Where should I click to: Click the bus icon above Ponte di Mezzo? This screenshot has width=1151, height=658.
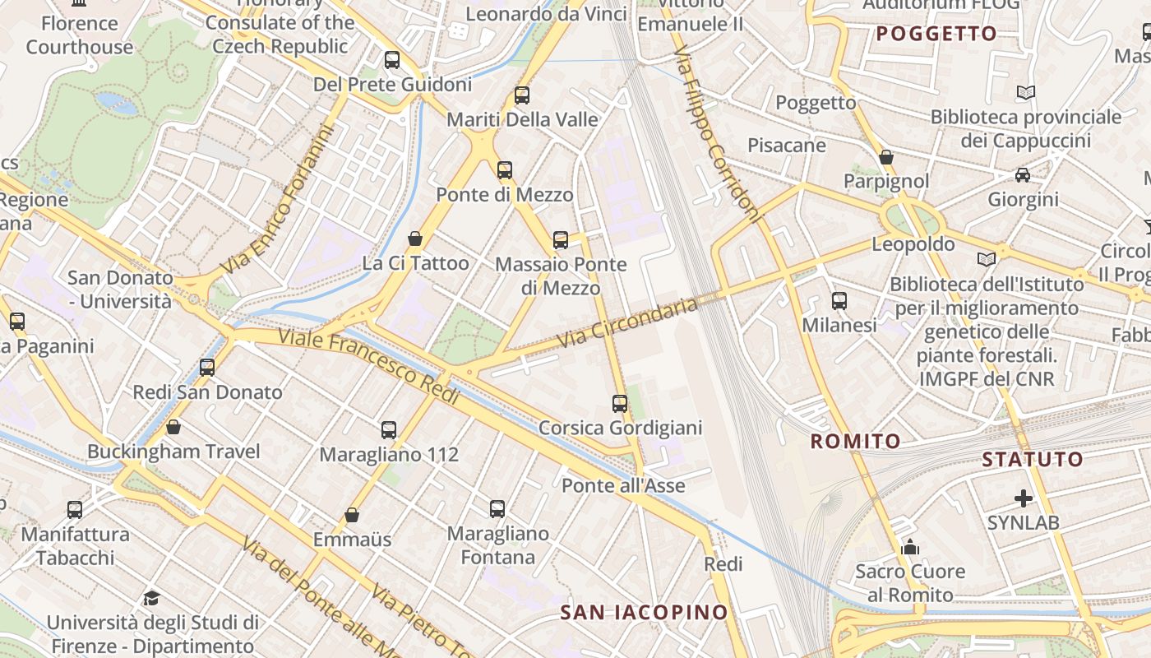tap(504, 170)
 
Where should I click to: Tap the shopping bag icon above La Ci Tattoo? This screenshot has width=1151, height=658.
tap(415, 239)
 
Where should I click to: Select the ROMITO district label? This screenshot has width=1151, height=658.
tap(856, 442)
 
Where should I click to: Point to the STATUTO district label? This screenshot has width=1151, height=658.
tap(1033, 460)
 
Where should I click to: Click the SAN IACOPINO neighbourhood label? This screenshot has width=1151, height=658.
tap(645, 612)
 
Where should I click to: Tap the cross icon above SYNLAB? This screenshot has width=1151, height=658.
tap(1023, 498)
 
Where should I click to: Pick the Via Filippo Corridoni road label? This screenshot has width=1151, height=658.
tap(717, 135)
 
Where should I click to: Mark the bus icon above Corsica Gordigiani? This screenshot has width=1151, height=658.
tap(620, 404)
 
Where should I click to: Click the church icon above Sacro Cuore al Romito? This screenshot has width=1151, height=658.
tap(910, 547)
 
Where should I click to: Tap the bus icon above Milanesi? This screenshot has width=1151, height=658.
tap(839, 301)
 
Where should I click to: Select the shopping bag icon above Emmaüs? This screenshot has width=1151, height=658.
tap(352, 515)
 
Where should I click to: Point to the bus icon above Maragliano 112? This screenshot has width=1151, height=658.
tap(388, 429)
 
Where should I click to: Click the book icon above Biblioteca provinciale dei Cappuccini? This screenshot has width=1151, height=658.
tap(1025, 92)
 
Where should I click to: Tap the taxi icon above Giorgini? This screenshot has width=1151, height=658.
tap(1023, 175)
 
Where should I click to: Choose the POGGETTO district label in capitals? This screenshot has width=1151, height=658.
tap(936, 34)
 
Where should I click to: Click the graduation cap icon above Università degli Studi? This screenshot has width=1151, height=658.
tap(151, 598)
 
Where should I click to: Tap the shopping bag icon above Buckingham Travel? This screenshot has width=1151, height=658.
tap(173, 427)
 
